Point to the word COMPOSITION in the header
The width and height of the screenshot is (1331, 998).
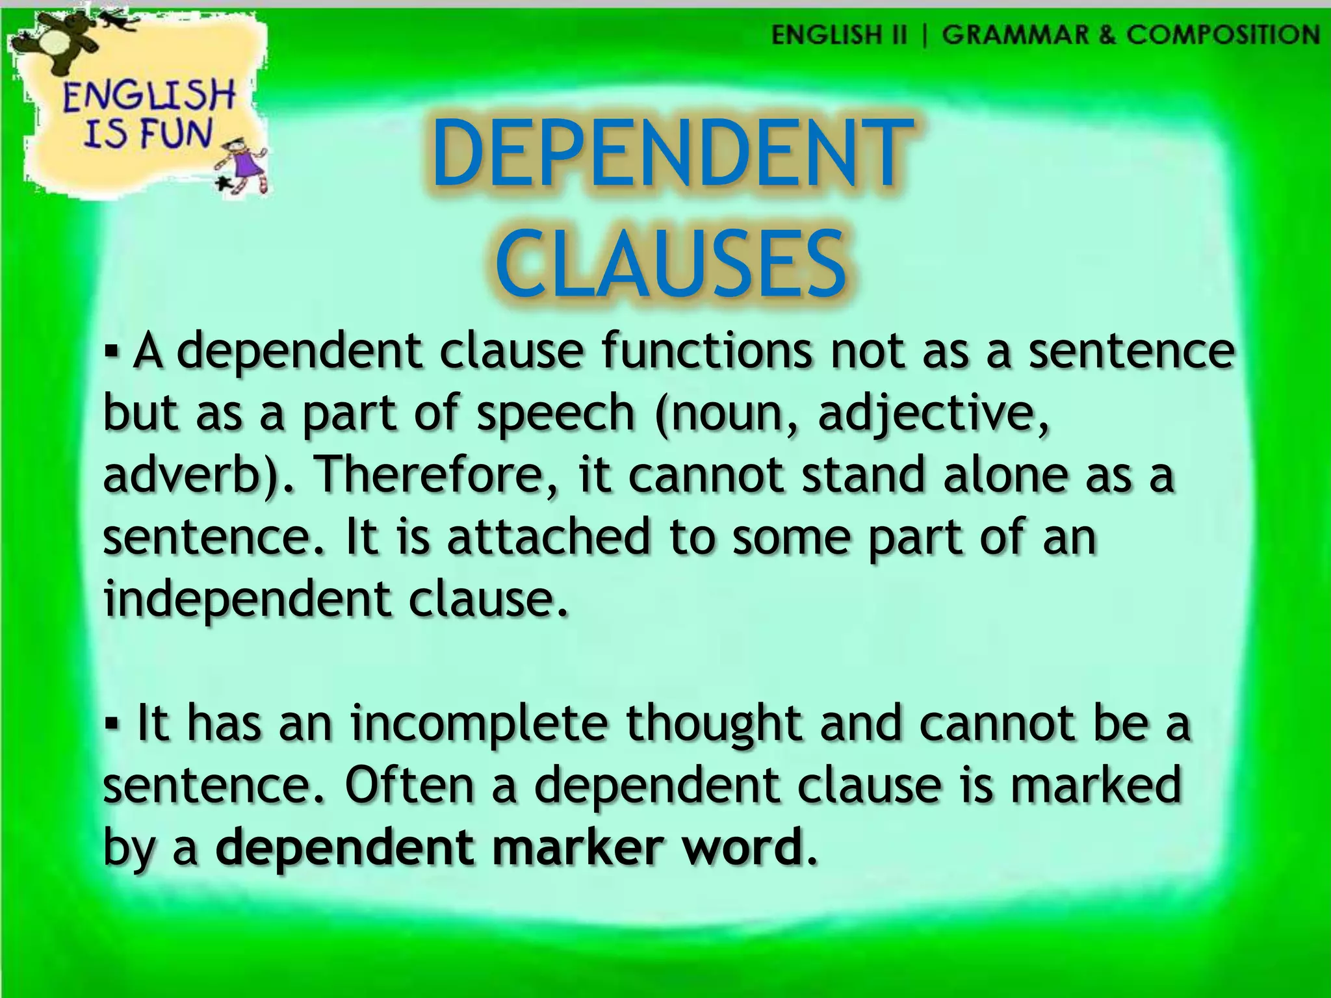1222,34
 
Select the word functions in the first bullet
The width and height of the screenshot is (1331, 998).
706,352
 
